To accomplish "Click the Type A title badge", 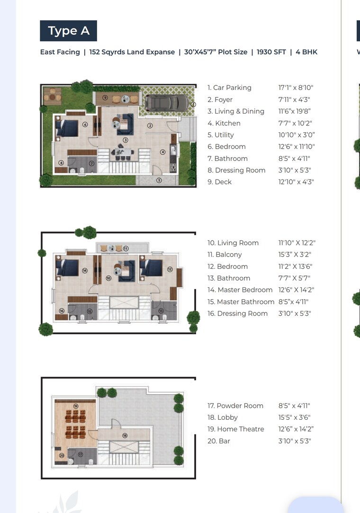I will coord(68,31).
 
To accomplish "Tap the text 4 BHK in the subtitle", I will coord(306,52).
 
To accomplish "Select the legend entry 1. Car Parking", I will coord(229,88).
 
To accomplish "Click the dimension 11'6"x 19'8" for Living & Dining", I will coord(295,111).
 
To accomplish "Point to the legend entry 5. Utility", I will coord(221,135).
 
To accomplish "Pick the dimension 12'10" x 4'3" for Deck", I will coord(296,182).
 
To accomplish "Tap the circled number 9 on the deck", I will coord(105,97).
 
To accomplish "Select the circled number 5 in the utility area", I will coord(159,180).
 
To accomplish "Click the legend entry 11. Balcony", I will coord(225,255).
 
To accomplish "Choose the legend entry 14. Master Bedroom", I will coord(240,290).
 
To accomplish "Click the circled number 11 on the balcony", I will coord(126,248).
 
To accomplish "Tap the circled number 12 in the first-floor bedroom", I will coord(170,269).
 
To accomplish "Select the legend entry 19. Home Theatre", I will coord(236,429).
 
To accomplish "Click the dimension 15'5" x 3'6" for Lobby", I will coord(294,417).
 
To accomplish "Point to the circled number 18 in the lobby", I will coord(125,435).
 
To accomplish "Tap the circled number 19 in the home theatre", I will coord(76,406).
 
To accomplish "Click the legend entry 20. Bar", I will coord(219,441).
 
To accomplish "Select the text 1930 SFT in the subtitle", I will coord(271,52).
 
